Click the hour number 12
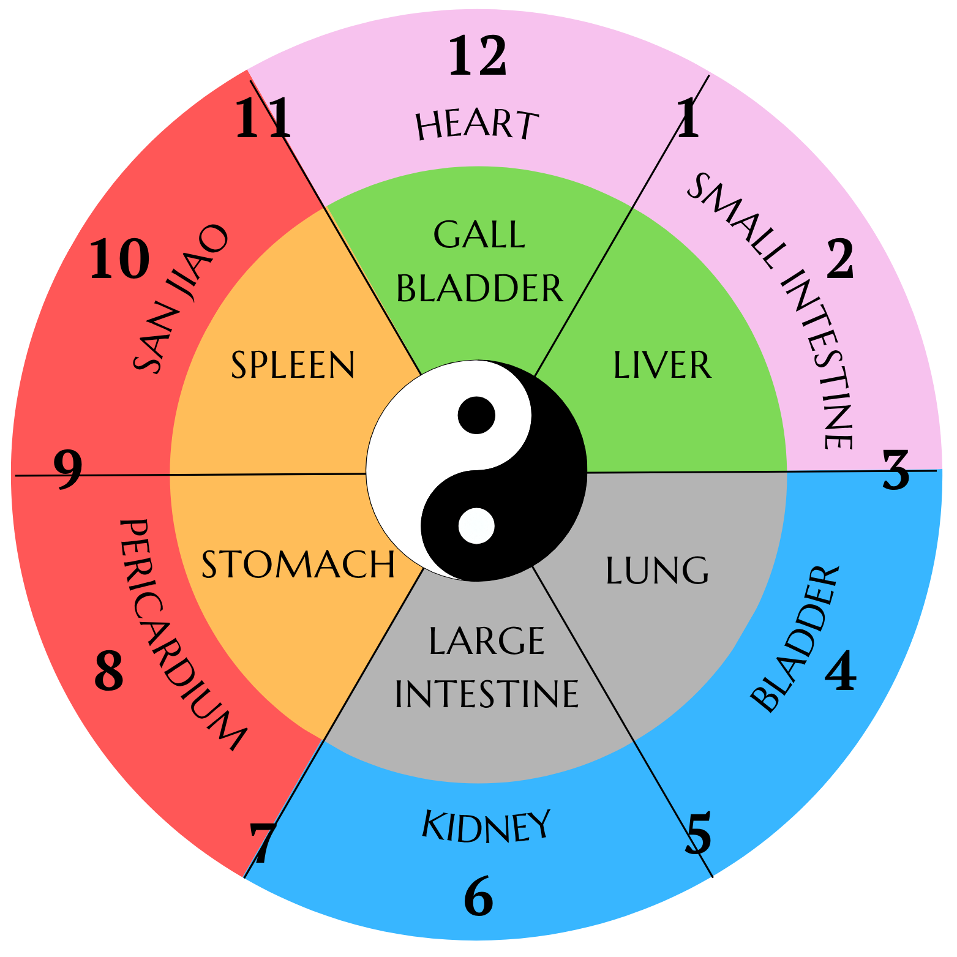[x=478, y=56]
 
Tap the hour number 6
[x=478, y=896]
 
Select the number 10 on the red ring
[x=119, y=260]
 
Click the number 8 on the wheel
[x=109, y=671]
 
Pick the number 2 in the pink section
[x=840, y=260]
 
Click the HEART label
[x=477, y=124]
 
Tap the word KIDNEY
[x=486, y=827]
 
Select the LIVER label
[x=662, y=366]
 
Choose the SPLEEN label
[x=293, y=366]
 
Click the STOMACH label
[x=298, y=565]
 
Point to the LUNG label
[x=657, y=571]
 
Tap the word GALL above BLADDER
[x=479, y=235]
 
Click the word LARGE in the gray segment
[x=487, y=641]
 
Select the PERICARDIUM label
[x=178, y=634]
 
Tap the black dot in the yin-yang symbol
[x=476, y=415]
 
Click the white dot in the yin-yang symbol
[x=476, y=525]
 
